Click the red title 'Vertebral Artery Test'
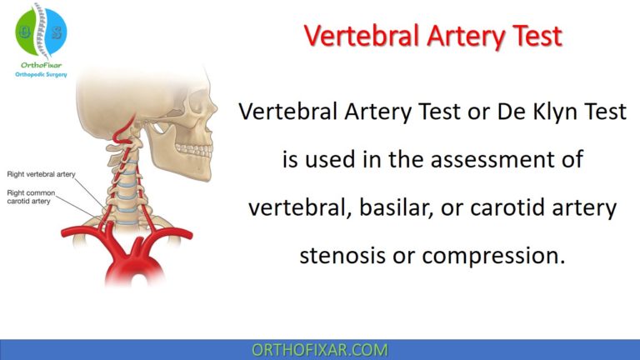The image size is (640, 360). click(432, 37)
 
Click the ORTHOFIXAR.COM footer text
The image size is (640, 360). click(321, 349)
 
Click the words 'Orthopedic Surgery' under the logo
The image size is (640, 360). click(40, 73)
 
